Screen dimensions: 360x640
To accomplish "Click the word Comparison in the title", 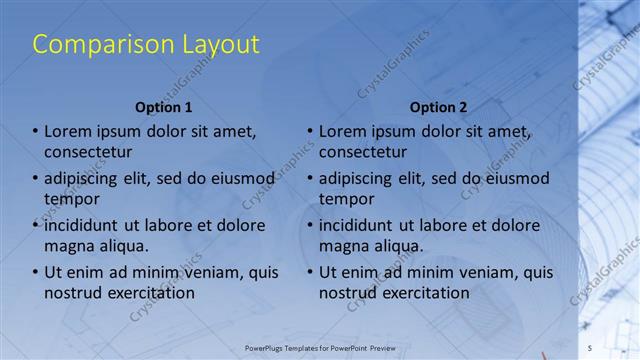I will [x=91, y=45].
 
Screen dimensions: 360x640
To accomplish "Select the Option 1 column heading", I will [x=163, y=107].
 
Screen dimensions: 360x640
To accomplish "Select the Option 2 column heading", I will [x=438, y=107].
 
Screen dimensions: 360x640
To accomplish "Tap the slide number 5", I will [x=590, y=346].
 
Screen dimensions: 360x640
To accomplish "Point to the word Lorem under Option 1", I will [x=68, y=131].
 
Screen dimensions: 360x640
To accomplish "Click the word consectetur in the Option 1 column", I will [x=88, y=152].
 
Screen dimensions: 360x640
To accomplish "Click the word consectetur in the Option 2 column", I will [x=363, y=152].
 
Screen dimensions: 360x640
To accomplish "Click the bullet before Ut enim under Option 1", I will [x=35, y=272].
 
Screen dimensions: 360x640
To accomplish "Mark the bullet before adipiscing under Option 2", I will [x=310, y=178].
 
